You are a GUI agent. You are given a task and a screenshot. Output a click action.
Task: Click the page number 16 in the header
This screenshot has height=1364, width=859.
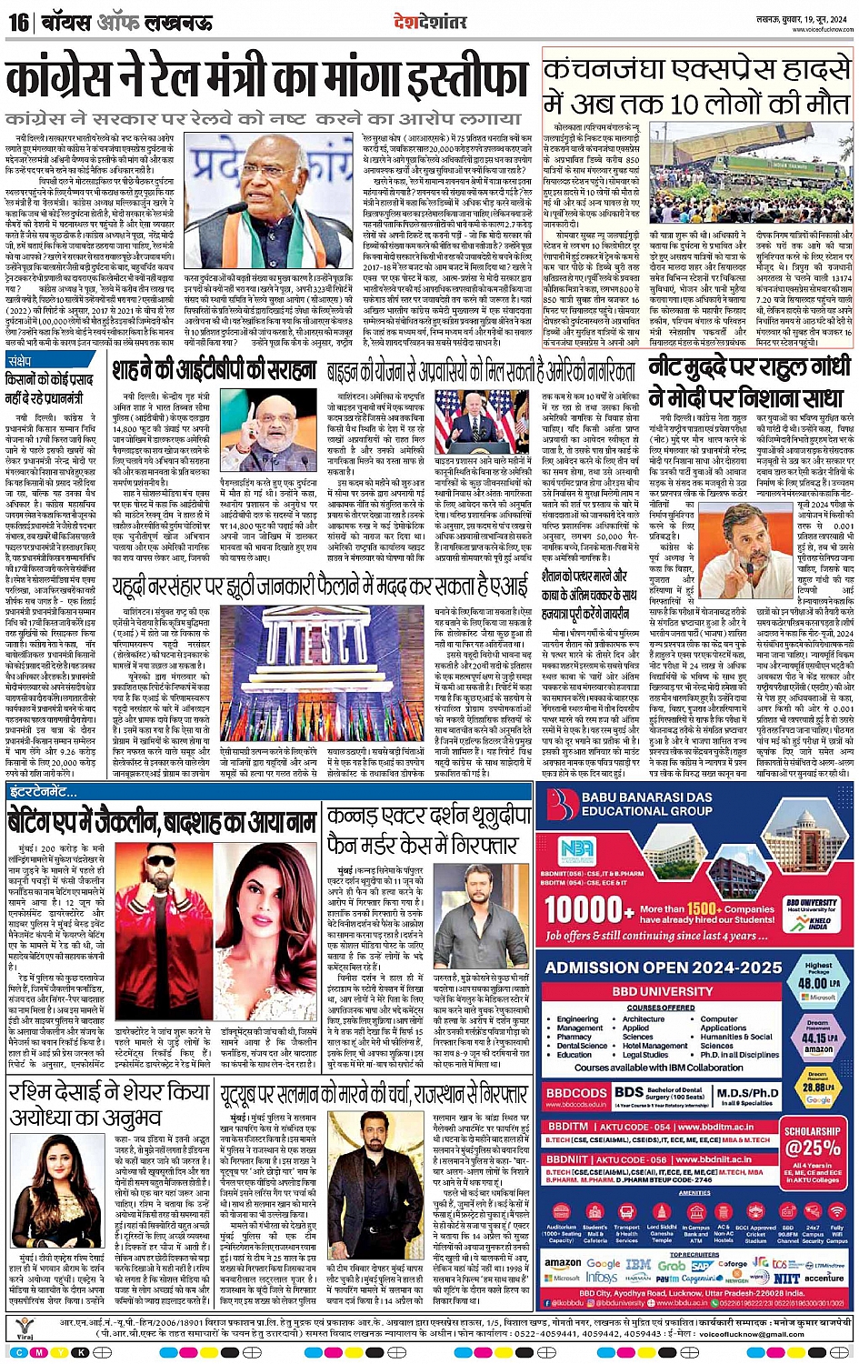point(18,22)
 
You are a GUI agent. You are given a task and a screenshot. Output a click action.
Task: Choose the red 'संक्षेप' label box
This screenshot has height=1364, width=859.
point(20,361)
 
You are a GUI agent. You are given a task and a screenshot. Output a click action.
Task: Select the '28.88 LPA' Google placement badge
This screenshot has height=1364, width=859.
point(818,1087)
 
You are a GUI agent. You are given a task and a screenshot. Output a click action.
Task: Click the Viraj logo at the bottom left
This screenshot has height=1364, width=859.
point(25,1329)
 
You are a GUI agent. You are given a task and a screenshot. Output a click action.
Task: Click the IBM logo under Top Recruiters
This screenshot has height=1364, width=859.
point(638,1264)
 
